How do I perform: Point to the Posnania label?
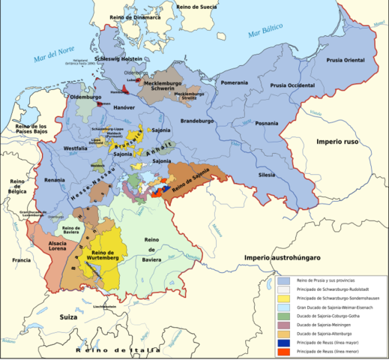click(267, 123)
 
